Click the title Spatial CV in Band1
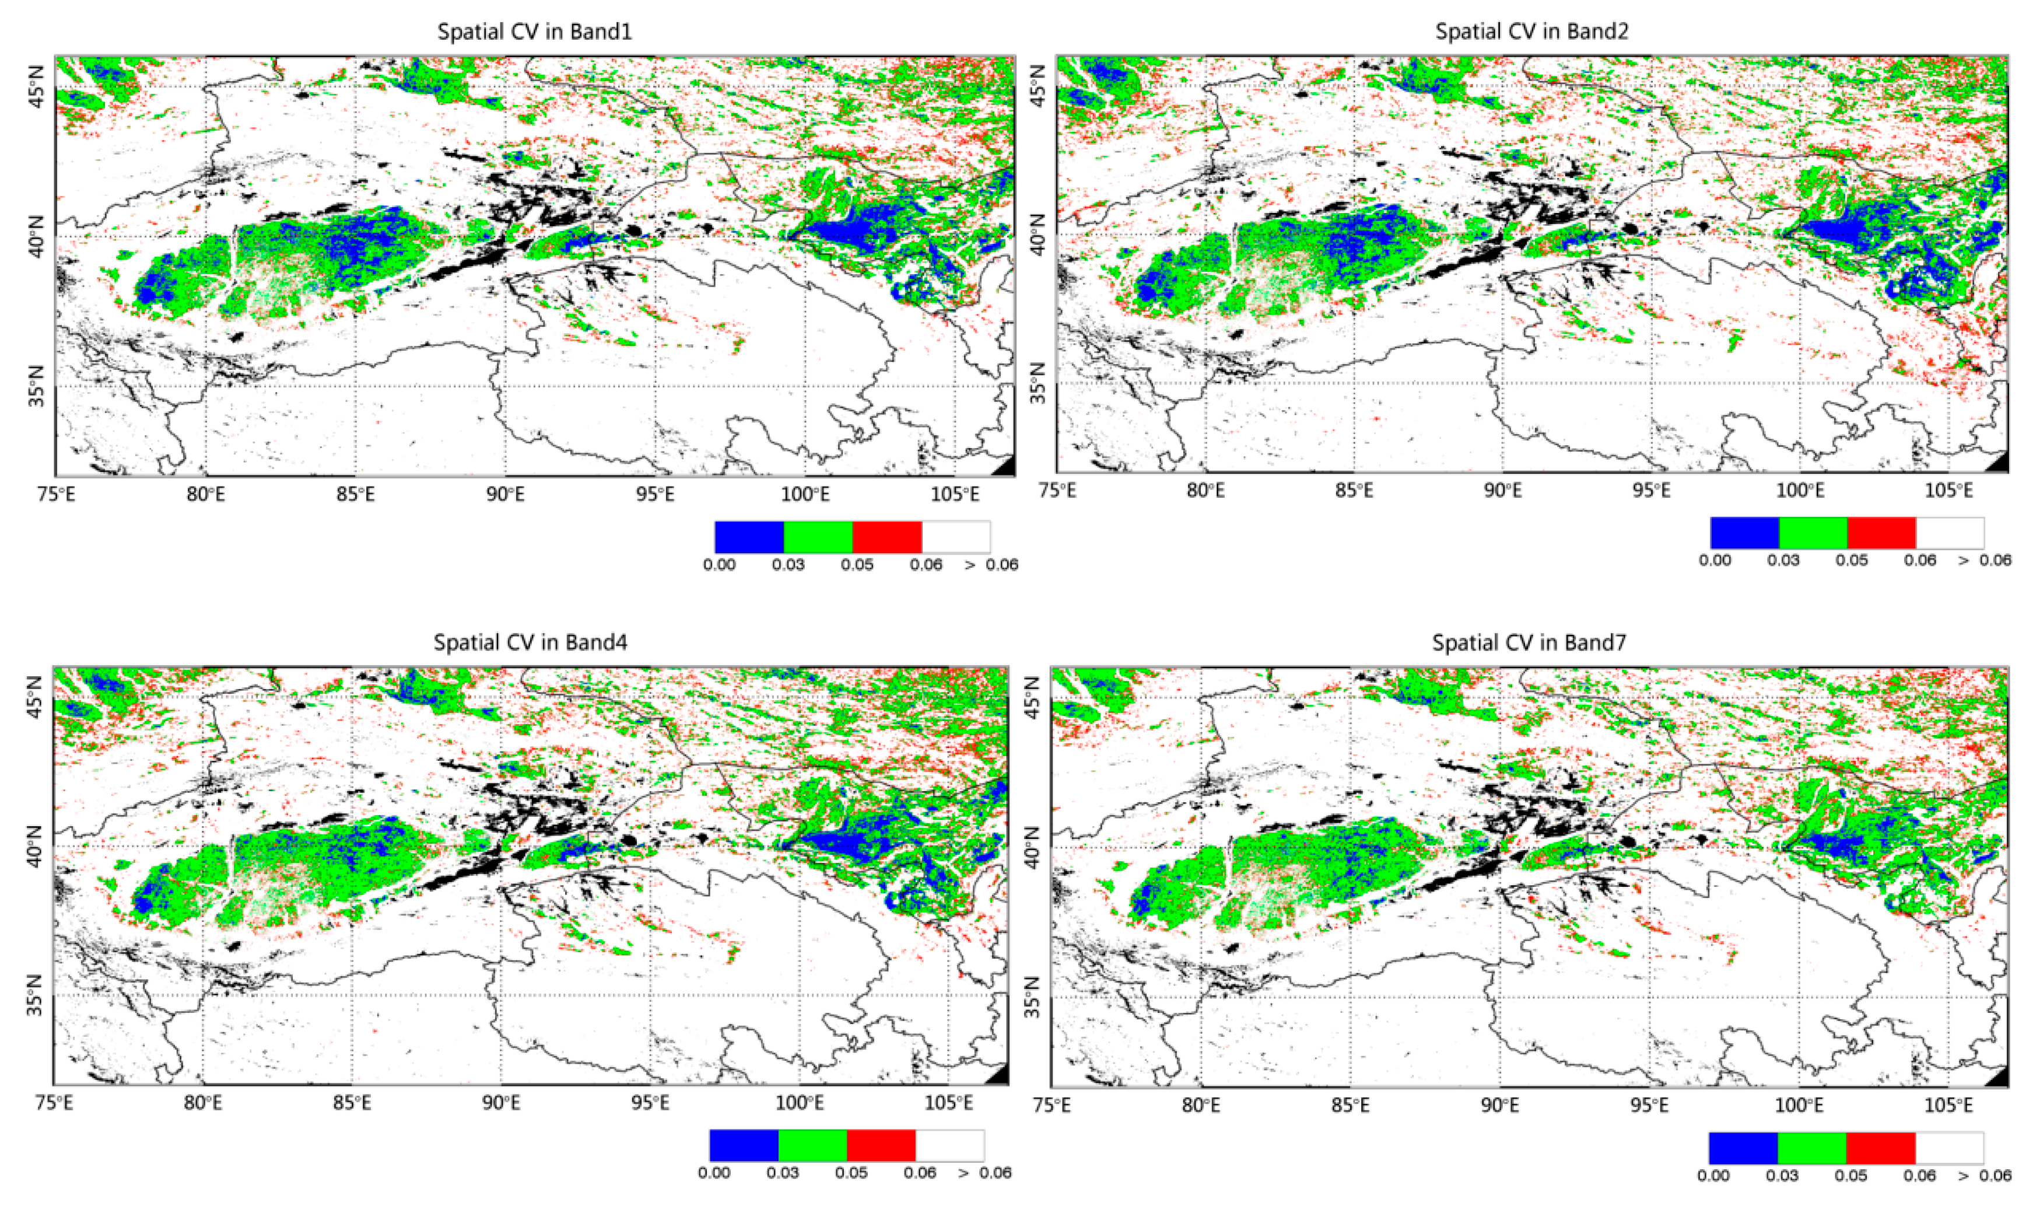point(534,32)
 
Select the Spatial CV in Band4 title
point(530,642)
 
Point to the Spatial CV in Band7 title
point(1529,642)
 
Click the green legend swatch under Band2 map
point(1813,533)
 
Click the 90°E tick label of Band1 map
point(505,495)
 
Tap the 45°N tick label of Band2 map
point(1037,86)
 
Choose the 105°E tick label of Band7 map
point(1948,1106)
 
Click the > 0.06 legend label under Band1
point(991,565)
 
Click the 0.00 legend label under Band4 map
point(714,1173)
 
